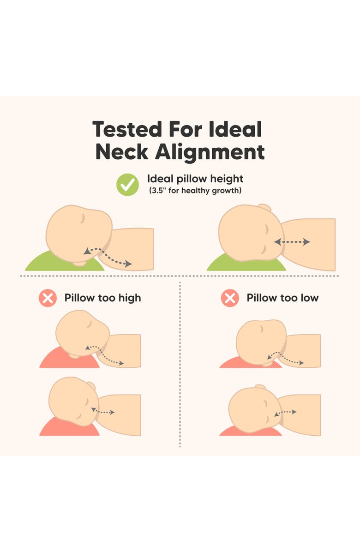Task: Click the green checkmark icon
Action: coord(127,185)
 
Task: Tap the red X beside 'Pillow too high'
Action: coord(48,298)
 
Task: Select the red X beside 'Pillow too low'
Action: coord(230,298)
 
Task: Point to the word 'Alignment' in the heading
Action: coord(210,153)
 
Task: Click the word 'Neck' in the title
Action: coord(122,152)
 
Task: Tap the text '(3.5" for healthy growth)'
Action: coord(195,191)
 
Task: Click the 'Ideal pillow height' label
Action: coord(195,179)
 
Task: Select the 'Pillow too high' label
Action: coord(102,298)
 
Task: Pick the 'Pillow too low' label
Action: coord(282,298)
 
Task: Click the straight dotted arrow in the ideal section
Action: coord(292,242)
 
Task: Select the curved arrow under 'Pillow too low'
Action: coord(285,357)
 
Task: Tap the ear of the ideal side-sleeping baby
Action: coord(264,207)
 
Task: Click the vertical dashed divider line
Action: coord(180,364)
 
